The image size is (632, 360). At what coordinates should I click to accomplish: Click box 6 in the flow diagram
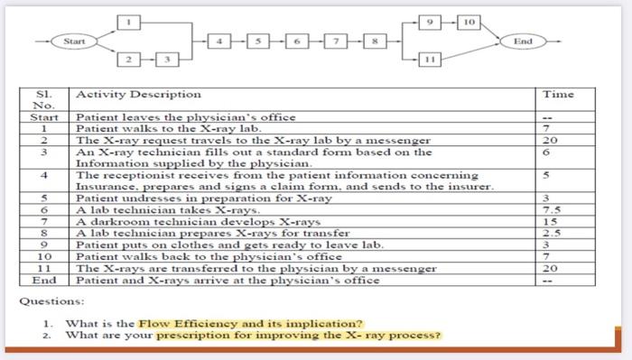tap(298, 41)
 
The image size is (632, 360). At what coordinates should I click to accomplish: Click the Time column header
tap(558, 94)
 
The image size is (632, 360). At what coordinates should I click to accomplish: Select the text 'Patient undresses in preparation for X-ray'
tap(203, 198)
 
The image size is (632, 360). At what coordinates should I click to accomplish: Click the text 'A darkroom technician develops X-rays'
tap(198, 221)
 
